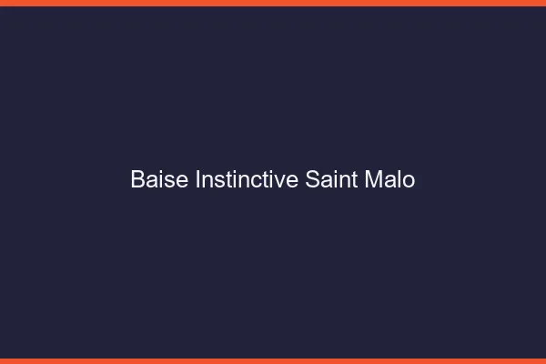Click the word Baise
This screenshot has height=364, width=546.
[160, 180]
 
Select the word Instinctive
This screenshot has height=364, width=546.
[247, 180]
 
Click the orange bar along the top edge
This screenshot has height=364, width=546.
[273, 3]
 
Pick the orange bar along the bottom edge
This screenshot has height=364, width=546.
[273, 360]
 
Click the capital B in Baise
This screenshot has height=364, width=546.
[137, 180]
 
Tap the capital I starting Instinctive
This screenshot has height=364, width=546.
[198, 180]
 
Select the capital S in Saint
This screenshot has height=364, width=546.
[312, 180]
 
